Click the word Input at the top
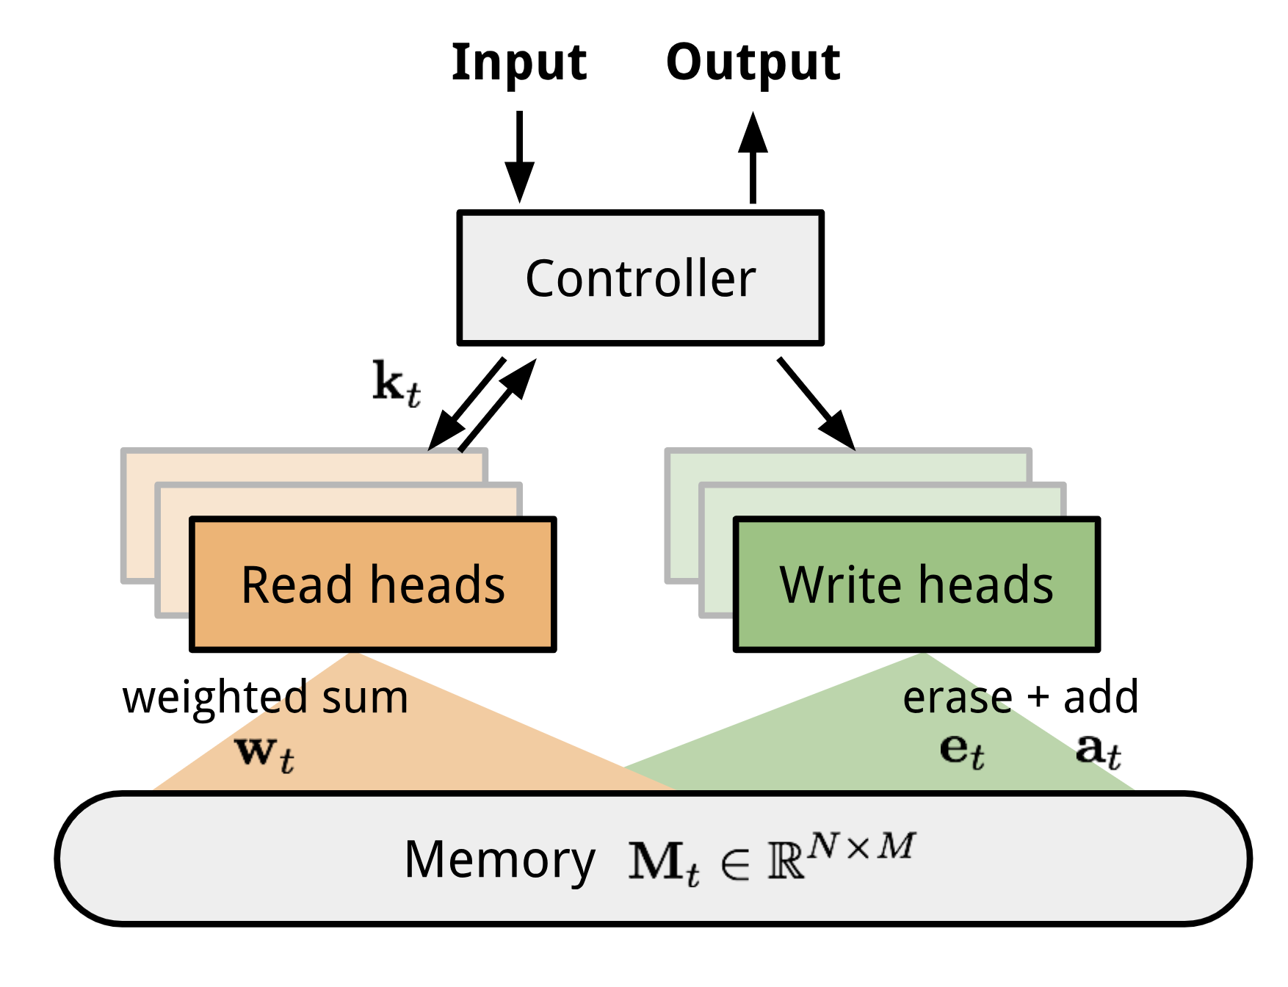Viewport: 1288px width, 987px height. tap(518, 63)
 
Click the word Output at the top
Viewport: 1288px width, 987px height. tap(753, 63)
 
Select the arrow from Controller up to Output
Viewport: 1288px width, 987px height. tap(753, 158)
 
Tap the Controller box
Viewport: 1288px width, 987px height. tap(640, 278)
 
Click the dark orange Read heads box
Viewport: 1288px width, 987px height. tap(372, 585)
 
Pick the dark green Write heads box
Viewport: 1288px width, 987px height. tap(916, 585)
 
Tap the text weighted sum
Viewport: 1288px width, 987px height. tap(265, 697)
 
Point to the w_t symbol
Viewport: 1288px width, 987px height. tap(264, 753)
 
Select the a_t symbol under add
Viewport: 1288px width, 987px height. tap(1098, 751)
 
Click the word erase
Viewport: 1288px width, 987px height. tap(957, 698)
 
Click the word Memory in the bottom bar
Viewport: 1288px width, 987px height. tap(499, 859)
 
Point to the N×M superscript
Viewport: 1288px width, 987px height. tap(861, 847)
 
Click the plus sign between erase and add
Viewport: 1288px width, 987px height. tap(1037, 698)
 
